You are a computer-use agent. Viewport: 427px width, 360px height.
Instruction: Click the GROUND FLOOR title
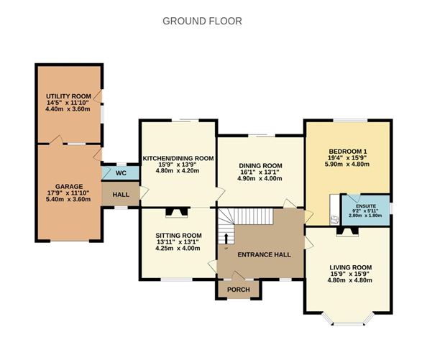(x=203, y=21)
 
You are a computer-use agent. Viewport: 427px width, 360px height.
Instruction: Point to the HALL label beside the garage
(x=120, y=195)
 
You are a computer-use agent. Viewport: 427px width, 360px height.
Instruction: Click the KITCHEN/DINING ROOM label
(x=178, y=158)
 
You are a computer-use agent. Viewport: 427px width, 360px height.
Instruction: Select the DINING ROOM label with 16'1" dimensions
(x=260, y=166)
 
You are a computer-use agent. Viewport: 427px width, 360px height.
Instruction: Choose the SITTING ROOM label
(x=178, y=236)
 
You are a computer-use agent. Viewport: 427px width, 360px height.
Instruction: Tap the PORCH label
(x=238, y=290)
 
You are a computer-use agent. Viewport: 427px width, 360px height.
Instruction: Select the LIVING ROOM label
(x=349, y=267)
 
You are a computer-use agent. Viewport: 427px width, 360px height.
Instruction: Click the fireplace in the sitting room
(x=175, y=211)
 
